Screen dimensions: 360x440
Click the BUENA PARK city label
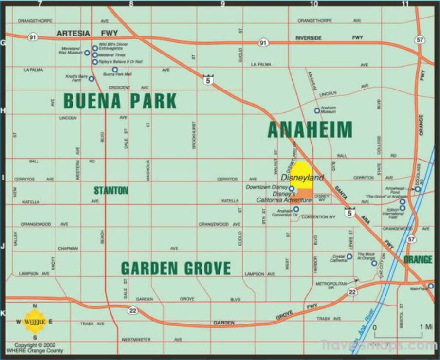(x=120, y=101)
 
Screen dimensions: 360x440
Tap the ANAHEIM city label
(x=310, y=130)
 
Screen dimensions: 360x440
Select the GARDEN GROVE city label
(x=175, y=268)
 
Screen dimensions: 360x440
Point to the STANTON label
(x=111, y=190)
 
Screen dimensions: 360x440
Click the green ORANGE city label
(x=418, y=259)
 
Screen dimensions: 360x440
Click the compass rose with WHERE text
(x=35, y=322)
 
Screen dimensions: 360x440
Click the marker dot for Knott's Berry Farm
(x=91, y=78)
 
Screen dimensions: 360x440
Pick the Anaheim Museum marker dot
(x=317, y=111)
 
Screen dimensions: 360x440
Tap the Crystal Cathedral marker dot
(x=349, y=256)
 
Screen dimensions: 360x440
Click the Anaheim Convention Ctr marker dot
(x=296, y=209)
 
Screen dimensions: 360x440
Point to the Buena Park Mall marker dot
(x=115, y=70)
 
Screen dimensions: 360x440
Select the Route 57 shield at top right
(x=419, y=39)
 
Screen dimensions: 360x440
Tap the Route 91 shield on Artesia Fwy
(x=32, y=36)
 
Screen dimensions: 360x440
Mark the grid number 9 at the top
(x=223, y=4)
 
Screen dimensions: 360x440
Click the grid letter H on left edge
(x=3, y=110)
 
